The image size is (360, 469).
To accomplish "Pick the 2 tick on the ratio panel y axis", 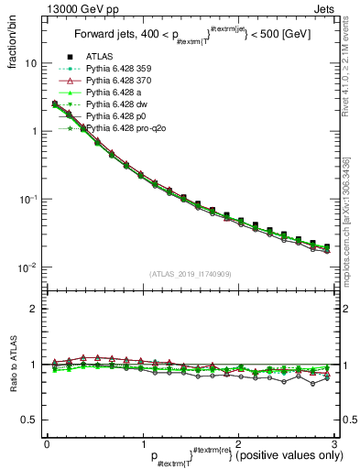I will pos(33,309).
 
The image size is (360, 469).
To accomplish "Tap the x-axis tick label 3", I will pos(334,443).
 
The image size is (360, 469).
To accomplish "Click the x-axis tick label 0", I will pos(47,443).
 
